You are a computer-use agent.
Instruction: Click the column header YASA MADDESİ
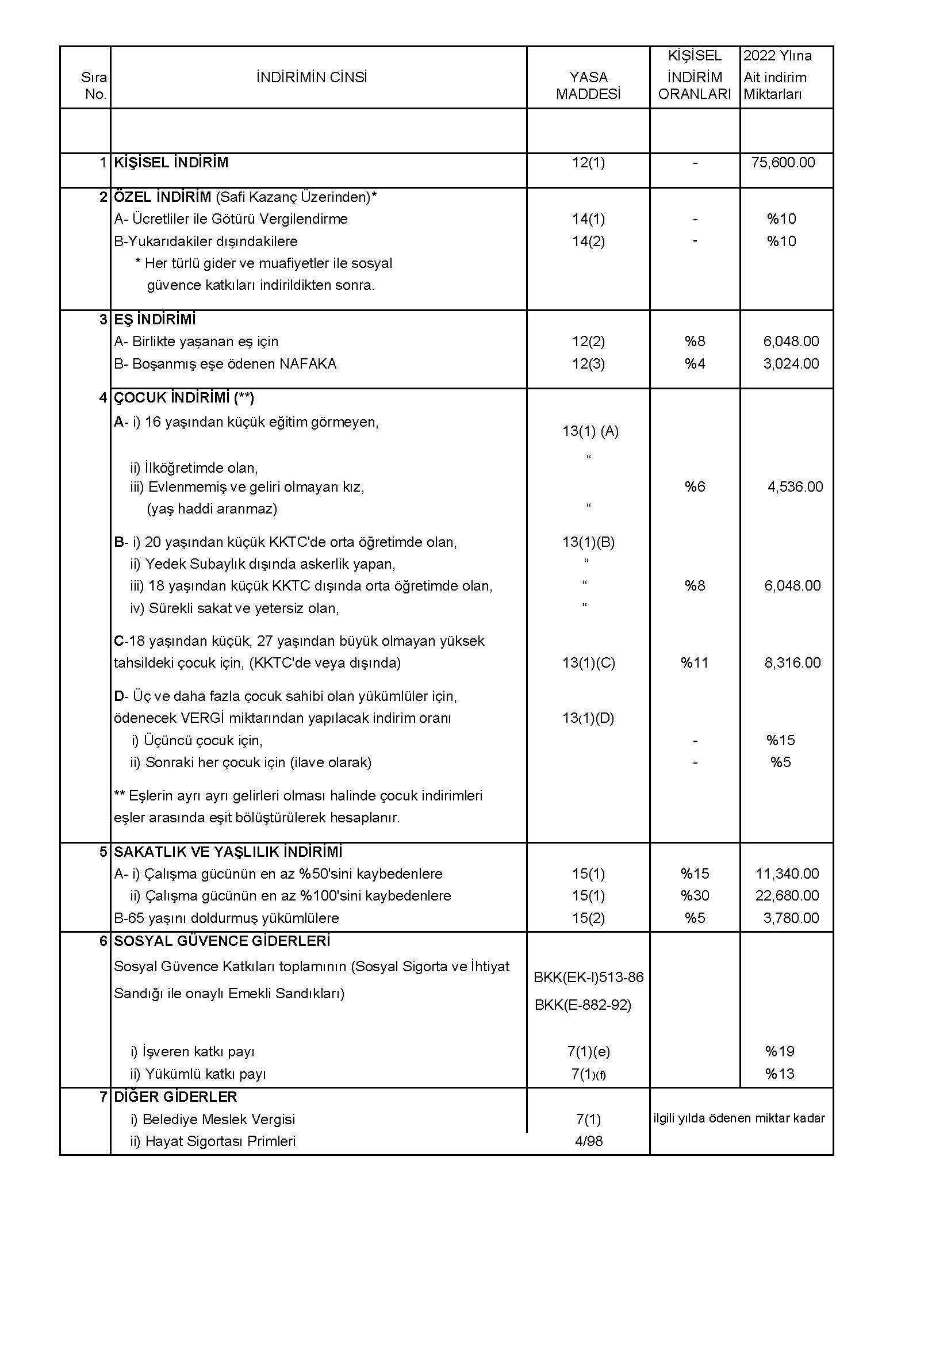pos(588,86)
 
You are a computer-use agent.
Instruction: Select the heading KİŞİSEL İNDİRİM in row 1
pos(171,162)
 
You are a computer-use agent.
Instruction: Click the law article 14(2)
pos(588,241)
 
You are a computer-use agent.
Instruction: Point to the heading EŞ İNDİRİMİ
pos(155,319)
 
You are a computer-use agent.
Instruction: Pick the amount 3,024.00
pos(791,363)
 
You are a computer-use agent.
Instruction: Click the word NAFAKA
pos(308,363)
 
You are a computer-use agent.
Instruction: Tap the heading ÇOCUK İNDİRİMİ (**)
pos(183,398)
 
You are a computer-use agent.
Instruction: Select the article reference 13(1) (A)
pos(590,431)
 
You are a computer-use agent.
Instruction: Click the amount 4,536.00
pos(795,486)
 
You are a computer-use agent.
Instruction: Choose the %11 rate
pos(695,662)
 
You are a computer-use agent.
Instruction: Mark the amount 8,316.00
pos(792,662)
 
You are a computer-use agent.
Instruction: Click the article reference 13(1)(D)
pos(588,718)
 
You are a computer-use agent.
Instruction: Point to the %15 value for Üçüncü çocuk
pos(780,740)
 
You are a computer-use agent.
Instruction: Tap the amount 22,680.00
pos(787,895)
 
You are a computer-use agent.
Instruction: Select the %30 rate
pos(695,895)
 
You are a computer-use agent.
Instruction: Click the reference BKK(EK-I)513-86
pos(589,976)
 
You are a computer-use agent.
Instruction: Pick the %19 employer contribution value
pos(780,1051)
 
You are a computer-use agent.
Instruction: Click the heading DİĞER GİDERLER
pos(175,1097)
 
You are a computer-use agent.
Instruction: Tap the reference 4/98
pos(589,1140)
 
